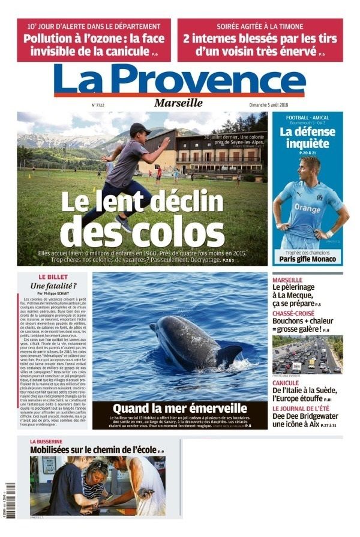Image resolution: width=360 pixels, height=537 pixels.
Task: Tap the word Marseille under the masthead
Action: [179, 103]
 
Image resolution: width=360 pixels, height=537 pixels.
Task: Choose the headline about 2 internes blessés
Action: [260, 44]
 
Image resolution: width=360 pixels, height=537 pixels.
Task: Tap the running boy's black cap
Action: [139, 128]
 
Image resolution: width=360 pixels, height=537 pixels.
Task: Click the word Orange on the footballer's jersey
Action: [307, 208]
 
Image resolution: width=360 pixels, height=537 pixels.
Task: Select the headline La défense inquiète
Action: [307, 137]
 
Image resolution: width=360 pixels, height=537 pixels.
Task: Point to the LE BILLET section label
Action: [54, 277]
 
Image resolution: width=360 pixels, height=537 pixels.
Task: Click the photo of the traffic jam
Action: [307, 355]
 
